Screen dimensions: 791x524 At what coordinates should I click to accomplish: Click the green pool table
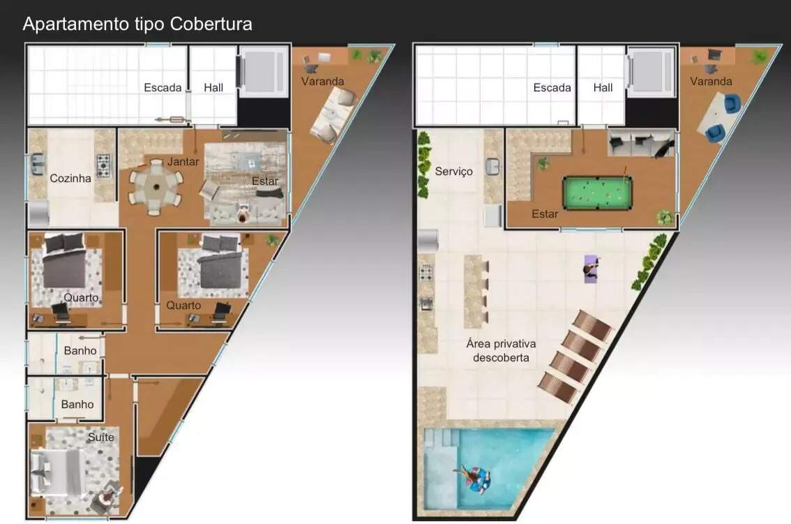click(x=597, y=193)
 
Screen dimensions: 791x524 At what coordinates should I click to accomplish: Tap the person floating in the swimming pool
click(x=475, y=479)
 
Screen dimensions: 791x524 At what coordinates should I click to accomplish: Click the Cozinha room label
click(x=70, y=178)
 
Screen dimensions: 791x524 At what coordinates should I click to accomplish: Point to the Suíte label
click(x=101, y=437)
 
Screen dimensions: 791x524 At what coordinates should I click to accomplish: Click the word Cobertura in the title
click(x=211, y=24)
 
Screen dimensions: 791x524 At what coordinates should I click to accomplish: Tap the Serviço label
click(x=454, y=172)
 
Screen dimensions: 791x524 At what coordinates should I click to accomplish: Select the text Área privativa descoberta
click(x=501, y=350)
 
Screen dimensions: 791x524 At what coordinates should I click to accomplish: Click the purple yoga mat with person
click(x=591, y=269)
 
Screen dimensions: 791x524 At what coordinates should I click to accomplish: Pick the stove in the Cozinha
click(x=103, y=165)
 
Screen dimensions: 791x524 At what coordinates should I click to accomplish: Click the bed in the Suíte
click(x=56, y=472)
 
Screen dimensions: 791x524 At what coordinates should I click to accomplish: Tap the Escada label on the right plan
click(x=552, y=88)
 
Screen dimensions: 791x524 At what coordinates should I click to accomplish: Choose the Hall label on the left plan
click(x=213, y=88)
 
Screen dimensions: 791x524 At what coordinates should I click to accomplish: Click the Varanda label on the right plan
click(x=711, y=81)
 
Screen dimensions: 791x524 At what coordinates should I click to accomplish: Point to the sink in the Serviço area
click(x=492, y=167)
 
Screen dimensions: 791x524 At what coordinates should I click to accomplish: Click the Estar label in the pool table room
click(x=545, y=214)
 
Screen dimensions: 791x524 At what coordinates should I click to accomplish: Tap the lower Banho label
click(x=77, y=405)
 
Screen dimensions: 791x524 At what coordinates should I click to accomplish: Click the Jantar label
click(x=183, y=162)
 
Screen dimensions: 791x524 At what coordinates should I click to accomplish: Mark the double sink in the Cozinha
click(x=37, y=164)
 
